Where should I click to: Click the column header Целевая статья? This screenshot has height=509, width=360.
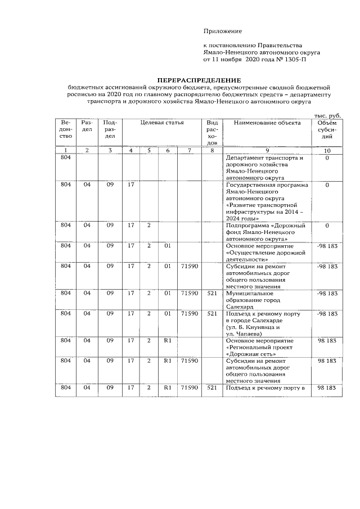pyautogui.click(x=162, y=123)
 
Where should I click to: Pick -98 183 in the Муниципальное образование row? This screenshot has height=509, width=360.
pyautogui.click(x=327, y=294)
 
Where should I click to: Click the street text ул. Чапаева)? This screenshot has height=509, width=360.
pyautogui.click(x=245, y=334)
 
